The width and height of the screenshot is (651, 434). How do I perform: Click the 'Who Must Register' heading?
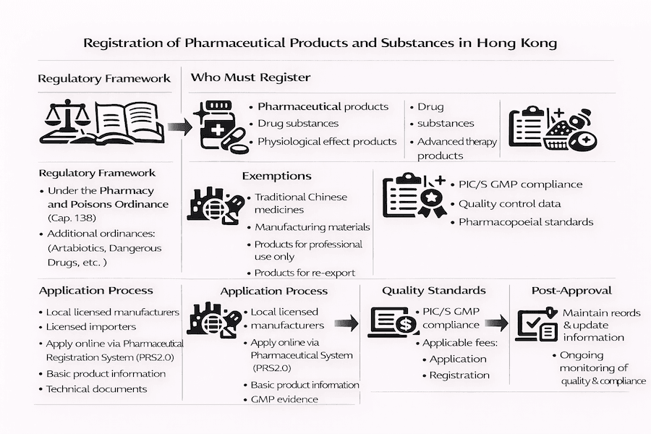(250, 77)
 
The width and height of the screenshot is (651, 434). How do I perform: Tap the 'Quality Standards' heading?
(433, 290)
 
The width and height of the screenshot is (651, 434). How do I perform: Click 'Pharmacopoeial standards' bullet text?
(526, 222)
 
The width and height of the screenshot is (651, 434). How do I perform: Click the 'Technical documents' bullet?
(96, 389)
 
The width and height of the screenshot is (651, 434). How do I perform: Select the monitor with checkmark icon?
(536, 325)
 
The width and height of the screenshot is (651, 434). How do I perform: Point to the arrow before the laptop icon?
(346, 323)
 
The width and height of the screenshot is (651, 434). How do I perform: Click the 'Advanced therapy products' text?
(456, 148)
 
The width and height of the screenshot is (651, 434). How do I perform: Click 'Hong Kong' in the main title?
(517, 43)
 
